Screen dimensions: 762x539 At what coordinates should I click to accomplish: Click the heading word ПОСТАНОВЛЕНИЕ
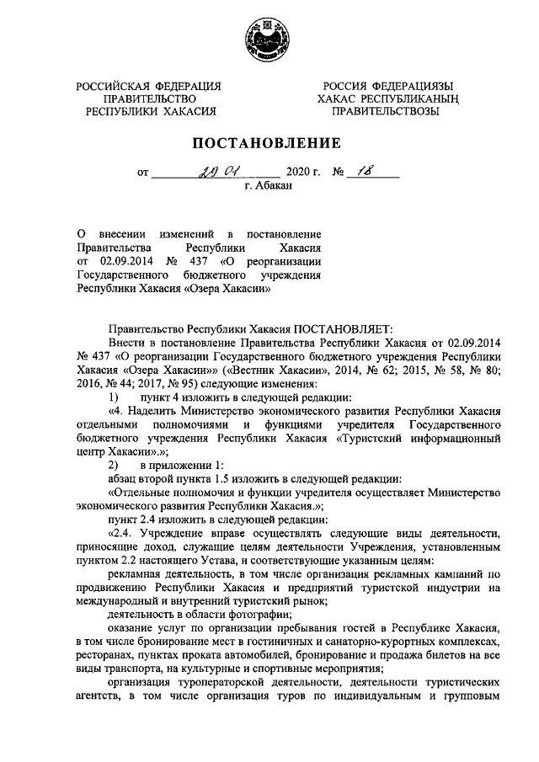[269, 142]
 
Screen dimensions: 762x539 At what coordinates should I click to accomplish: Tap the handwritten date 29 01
[218, 172]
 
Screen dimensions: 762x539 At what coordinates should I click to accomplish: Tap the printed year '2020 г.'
[305, 174]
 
